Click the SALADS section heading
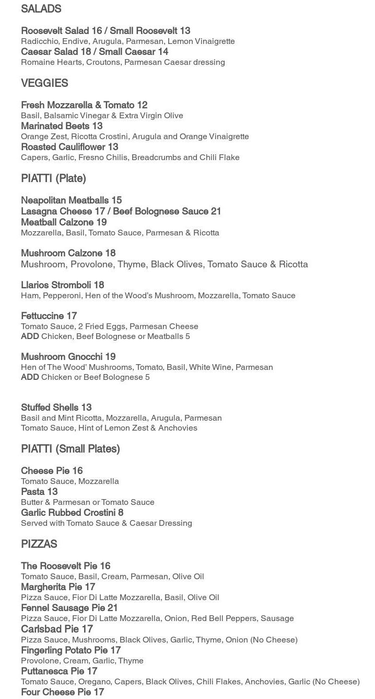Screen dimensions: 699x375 (x=41, y=9)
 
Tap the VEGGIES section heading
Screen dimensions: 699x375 (x=44, y=83)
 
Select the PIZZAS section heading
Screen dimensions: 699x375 (x=39, y=544)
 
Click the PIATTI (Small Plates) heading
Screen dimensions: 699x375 (x=71, y=449)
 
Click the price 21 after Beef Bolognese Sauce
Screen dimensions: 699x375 (x=216, y=211)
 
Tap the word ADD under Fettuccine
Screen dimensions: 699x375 (x=30, y=336)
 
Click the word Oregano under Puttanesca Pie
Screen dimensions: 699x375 (x=93, y=682)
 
